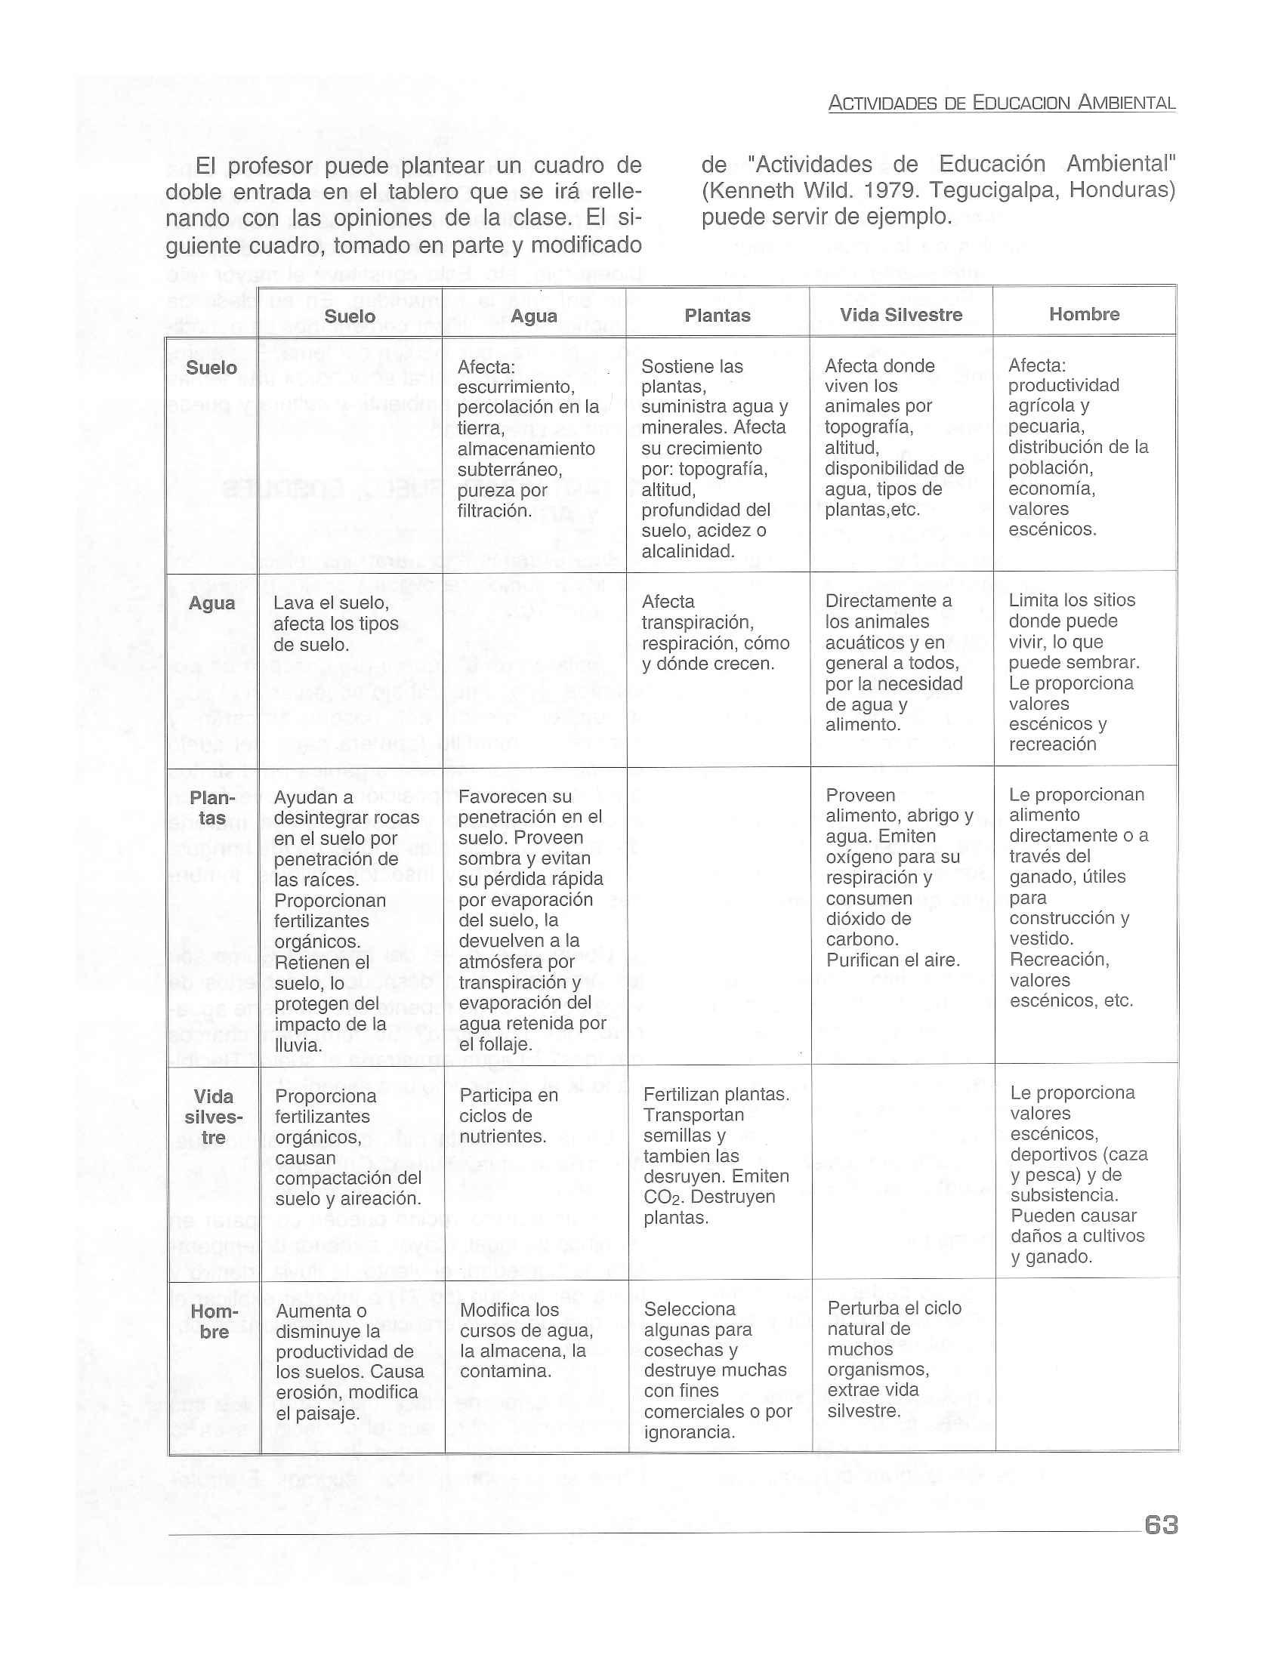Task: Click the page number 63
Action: (x=1160, y=1524)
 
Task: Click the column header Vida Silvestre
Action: (x=900, y=315)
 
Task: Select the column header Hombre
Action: (x=1084, y=314)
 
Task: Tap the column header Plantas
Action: (x=718, y=316)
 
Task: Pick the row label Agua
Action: (x=211, y=603)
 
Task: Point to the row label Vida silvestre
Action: (x=214, y=1117)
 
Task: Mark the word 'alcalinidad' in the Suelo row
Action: (x=687, y=551)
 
